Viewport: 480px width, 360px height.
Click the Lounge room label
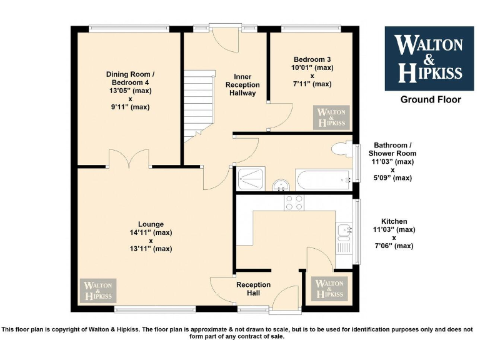coord(151,224)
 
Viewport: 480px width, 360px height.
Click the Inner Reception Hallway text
coord(242,85)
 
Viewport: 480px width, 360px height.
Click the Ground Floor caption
coord(431,99)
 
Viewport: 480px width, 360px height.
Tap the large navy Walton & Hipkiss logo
coord(429,57)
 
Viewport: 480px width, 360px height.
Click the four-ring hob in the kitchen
coord(294,202)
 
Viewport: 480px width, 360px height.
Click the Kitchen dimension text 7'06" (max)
coord(394,246)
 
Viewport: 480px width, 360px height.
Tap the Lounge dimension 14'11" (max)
coord(151,232)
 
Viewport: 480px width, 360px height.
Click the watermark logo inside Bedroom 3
coord(331,117)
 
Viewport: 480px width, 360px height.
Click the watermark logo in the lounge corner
coord(97,291)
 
